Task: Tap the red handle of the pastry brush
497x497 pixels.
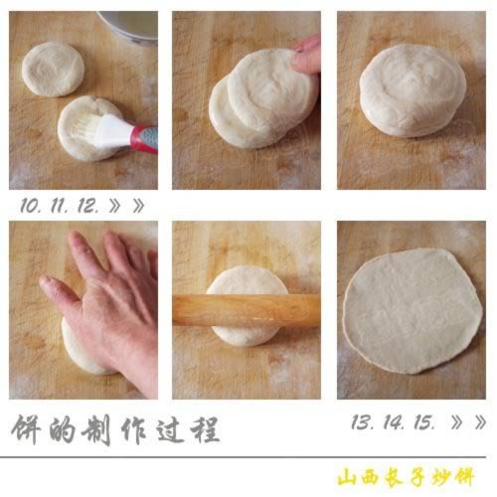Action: tap(143, 135)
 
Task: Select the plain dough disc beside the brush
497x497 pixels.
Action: tap(52, 69)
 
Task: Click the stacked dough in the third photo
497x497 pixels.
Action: tap(413, 91)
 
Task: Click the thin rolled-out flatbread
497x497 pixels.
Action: tap(412, 309)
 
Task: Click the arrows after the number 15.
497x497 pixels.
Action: tap(467, 422)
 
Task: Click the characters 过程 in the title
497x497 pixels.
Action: tap(189, 430)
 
